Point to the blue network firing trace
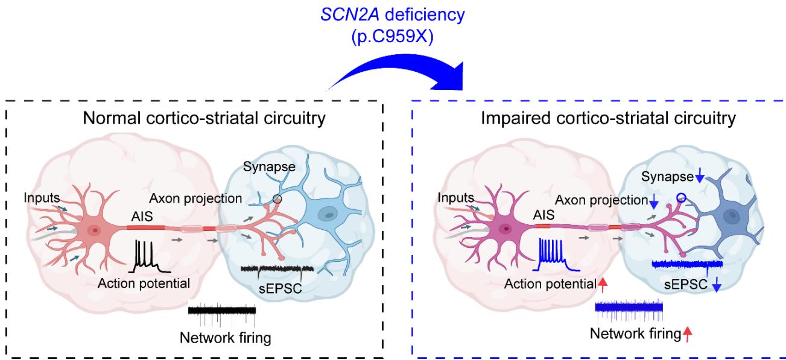[x=629, y=308]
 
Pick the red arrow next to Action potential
[x=602, y=283]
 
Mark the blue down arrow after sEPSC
[x=716, y=286]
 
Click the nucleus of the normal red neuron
[x=93, y=230]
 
